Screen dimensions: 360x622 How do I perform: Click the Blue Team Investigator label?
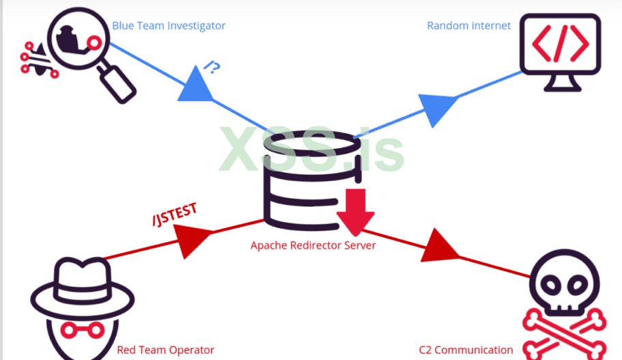[x=169, y=26]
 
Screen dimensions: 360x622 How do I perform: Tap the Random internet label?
[x=468, y=26]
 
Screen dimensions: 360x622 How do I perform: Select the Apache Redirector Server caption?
[x=313, y=245]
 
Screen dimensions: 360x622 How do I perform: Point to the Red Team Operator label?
[x=165, y=350]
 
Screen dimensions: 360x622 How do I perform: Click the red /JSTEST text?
[x=175, y=214]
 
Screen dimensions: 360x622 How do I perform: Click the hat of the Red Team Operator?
[x=70, y=280]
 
